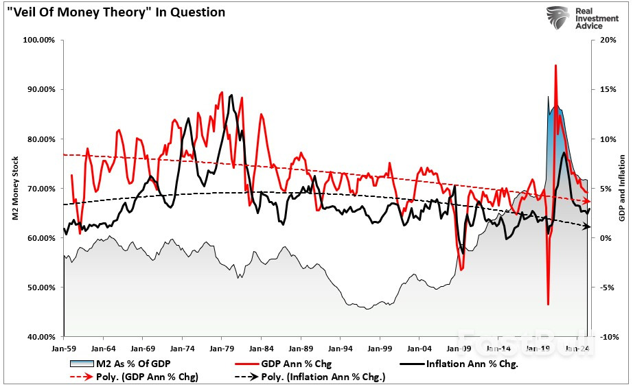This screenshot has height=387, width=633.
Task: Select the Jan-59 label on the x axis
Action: (63, 348)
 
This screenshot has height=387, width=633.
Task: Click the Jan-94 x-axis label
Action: (340, 348)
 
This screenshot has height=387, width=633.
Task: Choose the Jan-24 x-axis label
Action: (576, 348)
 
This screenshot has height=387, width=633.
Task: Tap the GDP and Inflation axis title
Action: (621, 189)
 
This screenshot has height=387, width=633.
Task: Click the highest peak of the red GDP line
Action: (555, 65)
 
